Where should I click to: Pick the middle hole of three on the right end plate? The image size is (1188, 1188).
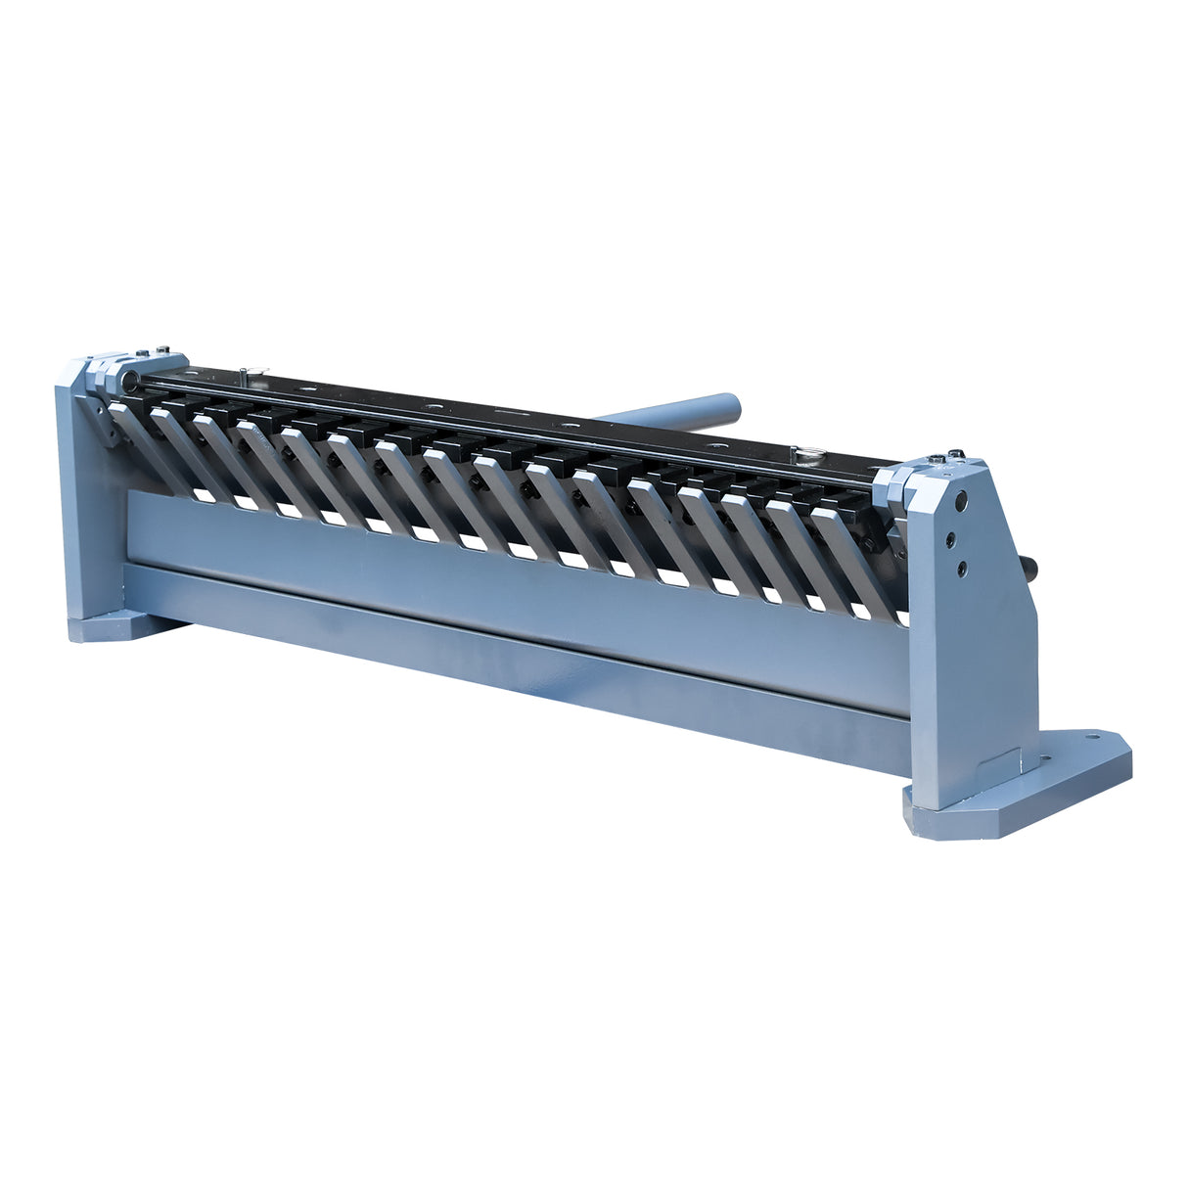point(949,537)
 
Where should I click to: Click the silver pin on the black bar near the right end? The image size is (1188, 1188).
point(808,452)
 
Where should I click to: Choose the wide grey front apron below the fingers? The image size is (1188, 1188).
point(489,568)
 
